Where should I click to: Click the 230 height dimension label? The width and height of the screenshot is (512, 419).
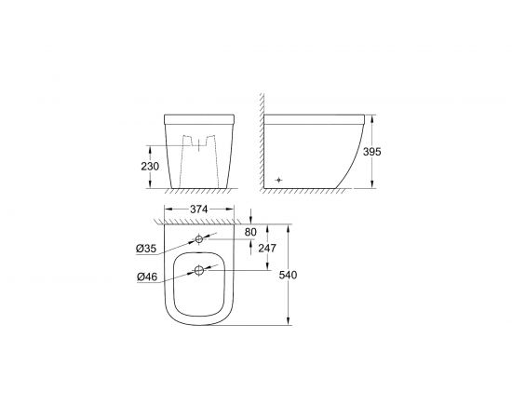coord(149,166)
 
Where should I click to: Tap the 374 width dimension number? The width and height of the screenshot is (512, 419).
coord(195,209)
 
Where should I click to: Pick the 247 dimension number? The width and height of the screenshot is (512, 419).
coord(266,248)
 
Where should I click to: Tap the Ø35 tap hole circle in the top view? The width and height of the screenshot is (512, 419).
coord(197,239)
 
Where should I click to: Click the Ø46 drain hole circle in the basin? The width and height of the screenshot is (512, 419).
coord(197,271)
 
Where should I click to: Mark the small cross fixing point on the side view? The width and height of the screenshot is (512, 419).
coord(277,177)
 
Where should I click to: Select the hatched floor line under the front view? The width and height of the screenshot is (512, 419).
coord(195,192)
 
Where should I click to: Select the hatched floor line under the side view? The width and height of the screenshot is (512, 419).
coord(307,192)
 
